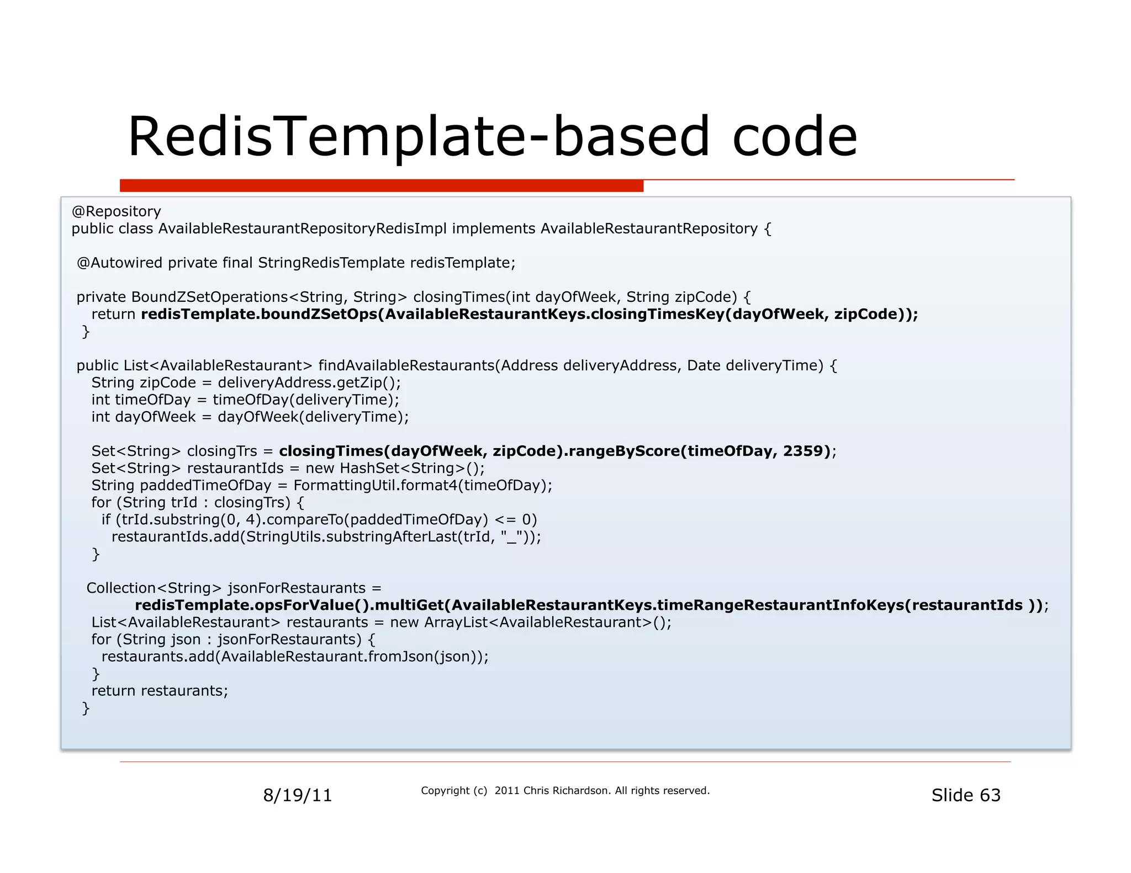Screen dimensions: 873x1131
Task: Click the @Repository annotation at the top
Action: point(116,211)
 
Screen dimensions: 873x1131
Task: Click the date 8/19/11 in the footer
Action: point(297,795)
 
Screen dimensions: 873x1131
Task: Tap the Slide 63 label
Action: point(965,795)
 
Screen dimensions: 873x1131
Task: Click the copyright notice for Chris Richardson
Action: point(564,791)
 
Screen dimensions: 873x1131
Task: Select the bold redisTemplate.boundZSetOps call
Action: point(260,314)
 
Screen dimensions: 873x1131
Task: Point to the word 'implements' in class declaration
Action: point(493,228)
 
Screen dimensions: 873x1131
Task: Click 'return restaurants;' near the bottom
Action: point(160,690)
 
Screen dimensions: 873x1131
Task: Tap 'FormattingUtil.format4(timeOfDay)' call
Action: point(422,485)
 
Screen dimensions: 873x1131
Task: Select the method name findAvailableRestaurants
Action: point(406,365)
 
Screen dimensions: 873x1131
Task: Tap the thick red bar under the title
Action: point(381,185)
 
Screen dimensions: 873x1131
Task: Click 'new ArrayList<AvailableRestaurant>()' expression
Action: point(530,622)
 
